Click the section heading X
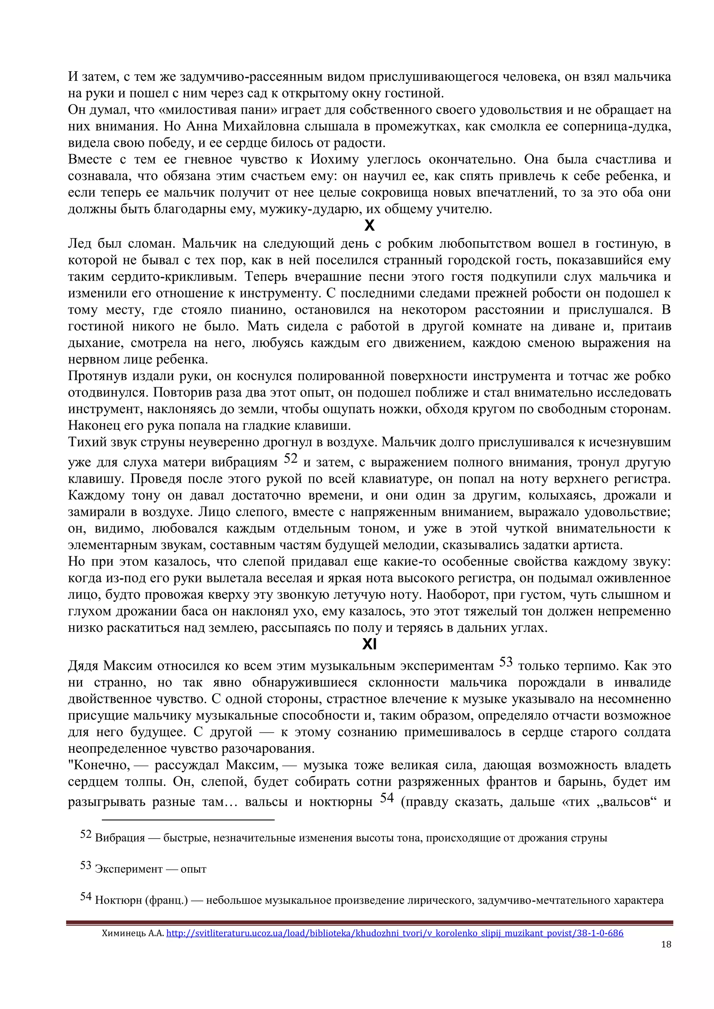tap(369, 226)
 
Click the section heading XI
tap(369, 644)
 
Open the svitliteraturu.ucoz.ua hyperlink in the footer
tap(394, 933)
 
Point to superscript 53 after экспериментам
tap(506, 662)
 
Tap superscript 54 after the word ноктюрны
tap(387, 798)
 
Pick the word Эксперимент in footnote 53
tap(128, 869)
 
